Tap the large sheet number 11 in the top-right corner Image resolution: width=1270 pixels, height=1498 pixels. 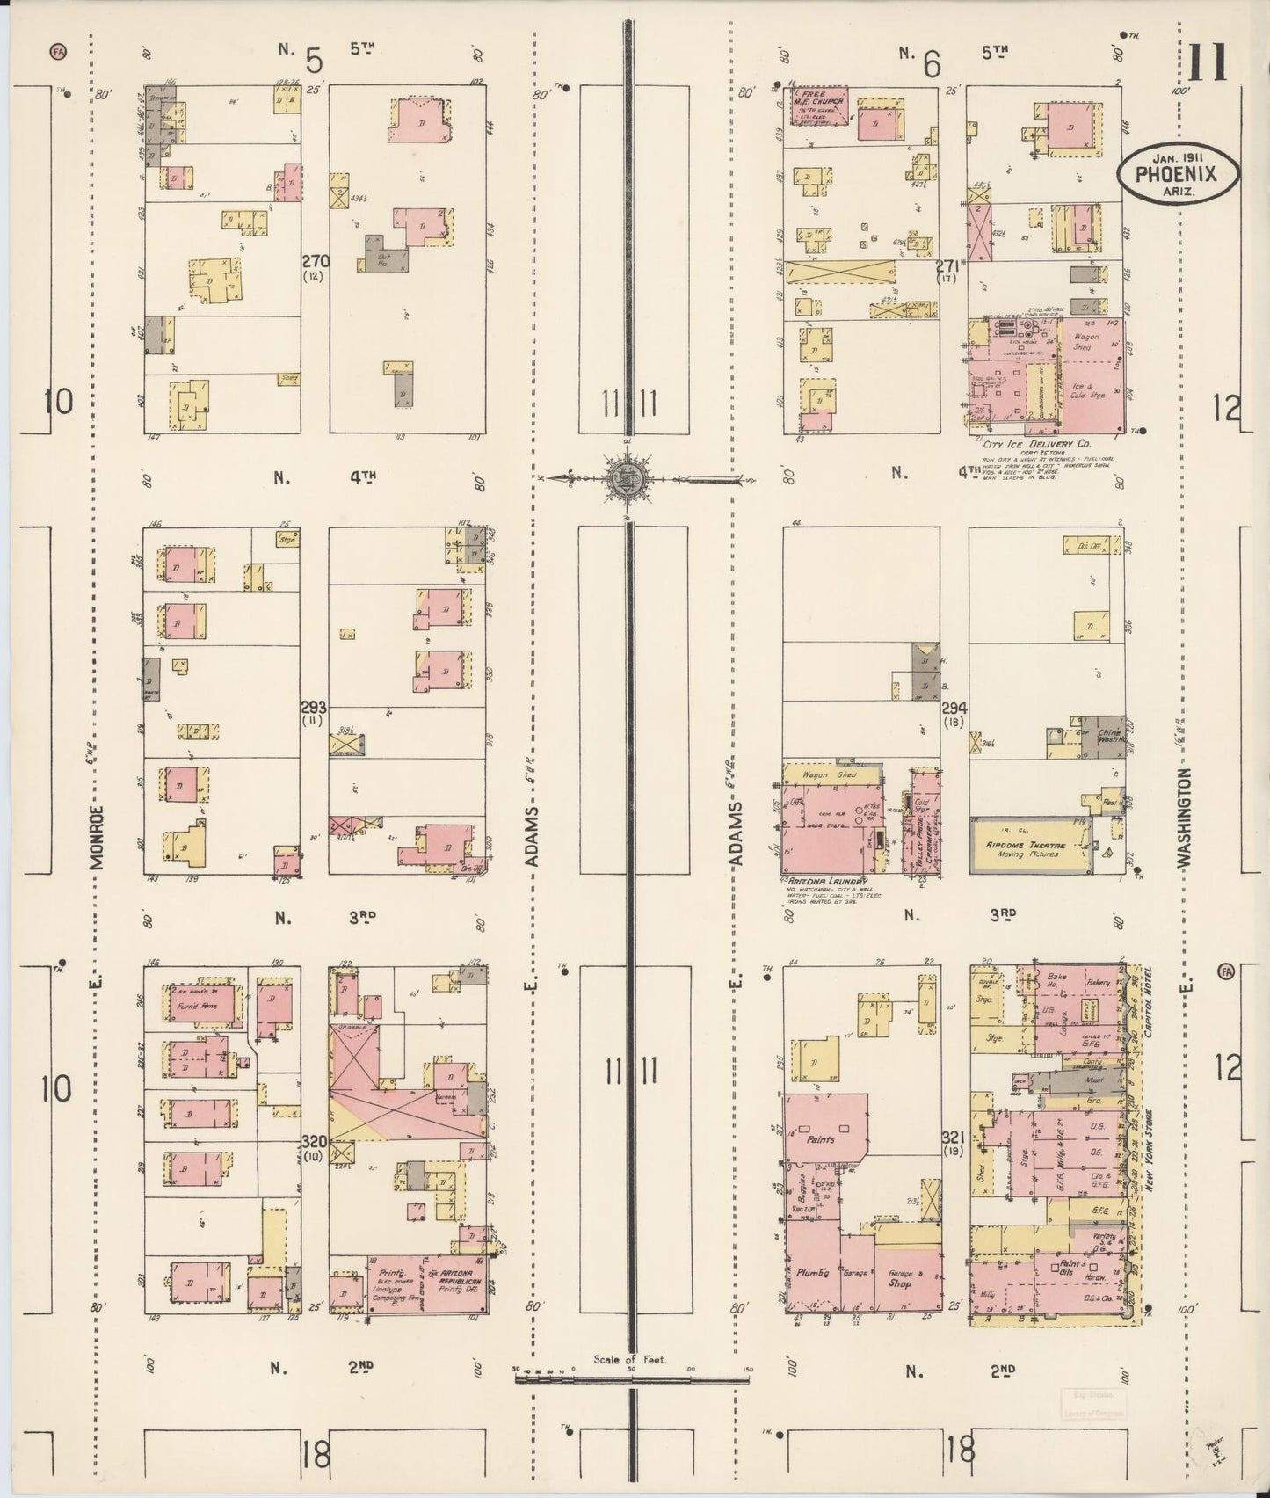pyautogui.click(x=1208, y=62)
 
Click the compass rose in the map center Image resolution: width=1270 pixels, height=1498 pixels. pyautogui.click(x=628, y=478)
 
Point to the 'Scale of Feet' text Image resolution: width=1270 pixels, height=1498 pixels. pyautogui.click(x=630, y=1359)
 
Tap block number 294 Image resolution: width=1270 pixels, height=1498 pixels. pyautogui.click(x=954, y=707)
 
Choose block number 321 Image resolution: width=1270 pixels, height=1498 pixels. pyautogui.click(x=954, y=1135)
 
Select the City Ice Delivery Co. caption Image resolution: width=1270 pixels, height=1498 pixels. pyautogui.click(x=1042, y=445)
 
